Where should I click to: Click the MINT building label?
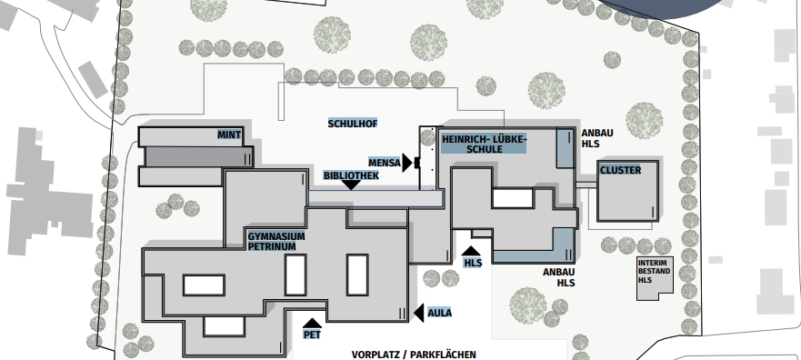pyautogui.click(x=229, y=135)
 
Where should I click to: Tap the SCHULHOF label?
pyautogui.click(x=353, y=124)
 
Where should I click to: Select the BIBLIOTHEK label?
pyautogui.click(x=352, y=175)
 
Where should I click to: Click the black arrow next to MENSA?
pyautogui.click(x=407, y=163)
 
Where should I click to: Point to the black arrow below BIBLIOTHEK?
pyautogui.click(x=350, y=185)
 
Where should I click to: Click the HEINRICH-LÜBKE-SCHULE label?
pyautogui.click(x=485, y=144)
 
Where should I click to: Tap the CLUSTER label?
pyautogui.click(x=621, y=170)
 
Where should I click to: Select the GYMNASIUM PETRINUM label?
pyautogui.click(x=276, y=241)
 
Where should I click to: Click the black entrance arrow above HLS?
pyautogui.click(x=470, y=251)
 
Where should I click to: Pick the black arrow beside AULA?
pyautogui.click(x=419, y=313)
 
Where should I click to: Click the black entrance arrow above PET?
pyautogui.click(x=312, y=323)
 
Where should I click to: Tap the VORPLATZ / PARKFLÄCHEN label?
pyautogui.click(x=414, y=355)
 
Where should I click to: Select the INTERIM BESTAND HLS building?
pyautogui.click(x=654, y=278)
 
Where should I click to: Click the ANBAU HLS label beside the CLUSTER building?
pyautogui.click(x=597, y=138)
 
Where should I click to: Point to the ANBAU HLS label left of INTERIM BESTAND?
pyautogui.click(x=559, y=277)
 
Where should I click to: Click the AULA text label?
pyautogui.click(x=439, y=313)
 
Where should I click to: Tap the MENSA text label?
pyautogui.click(x=385, y=163)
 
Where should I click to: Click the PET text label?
pyautogui.click(x=312, y=335)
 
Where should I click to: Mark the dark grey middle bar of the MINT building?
pyautogui.click(x=199, y=156)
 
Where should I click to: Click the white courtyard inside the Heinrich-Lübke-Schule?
pyautogui.click(x=513, y=198)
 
